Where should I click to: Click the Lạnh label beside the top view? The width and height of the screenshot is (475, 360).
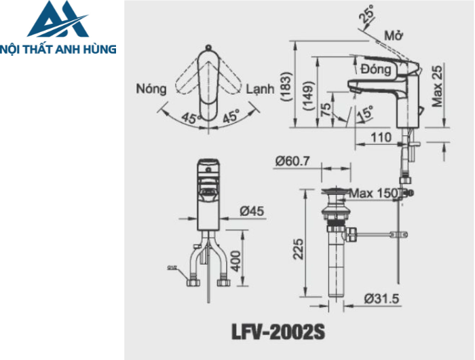point(261,89)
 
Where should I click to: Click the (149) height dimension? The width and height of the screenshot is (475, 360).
point(309,92)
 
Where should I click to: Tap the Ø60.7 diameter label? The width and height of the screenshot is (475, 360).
point(292,162)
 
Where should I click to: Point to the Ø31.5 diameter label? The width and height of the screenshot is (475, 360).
point(381,298)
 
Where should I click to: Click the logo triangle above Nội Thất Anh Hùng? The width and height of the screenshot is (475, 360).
point(58,20)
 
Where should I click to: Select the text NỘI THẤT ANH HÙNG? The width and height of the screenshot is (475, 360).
point(58,49)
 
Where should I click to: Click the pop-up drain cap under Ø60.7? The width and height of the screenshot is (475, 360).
point(336,192)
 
